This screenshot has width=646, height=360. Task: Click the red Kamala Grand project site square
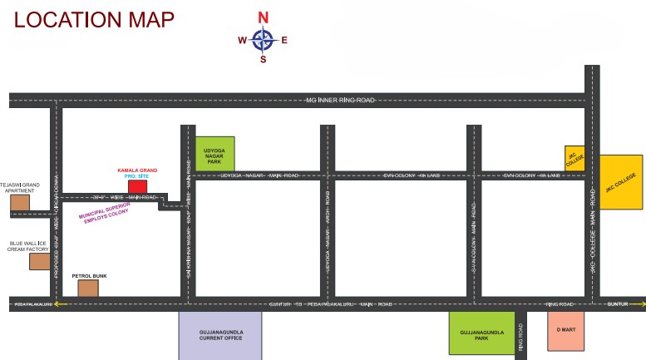(137, 186)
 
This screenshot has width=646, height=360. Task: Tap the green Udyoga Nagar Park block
(215, 153)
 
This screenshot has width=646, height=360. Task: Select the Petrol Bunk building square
(88, 288)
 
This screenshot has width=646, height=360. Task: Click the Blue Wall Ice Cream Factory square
(39, 261)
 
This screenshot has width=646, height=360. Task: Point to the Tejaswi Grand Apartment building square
(20, 201)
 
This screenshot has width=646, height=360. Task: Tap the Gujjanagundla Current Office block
(220, 336)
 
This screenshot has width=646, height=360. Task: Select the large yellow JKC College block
(621, 182)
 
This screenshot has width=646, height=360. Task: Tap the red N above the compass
(264, 17)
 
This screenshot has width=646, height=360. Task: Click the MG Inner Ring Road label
(340, 100)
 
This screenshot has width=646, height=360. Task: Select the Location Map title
(94, 20)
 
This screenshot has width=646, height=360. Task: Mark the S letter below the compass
(264, 59)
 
